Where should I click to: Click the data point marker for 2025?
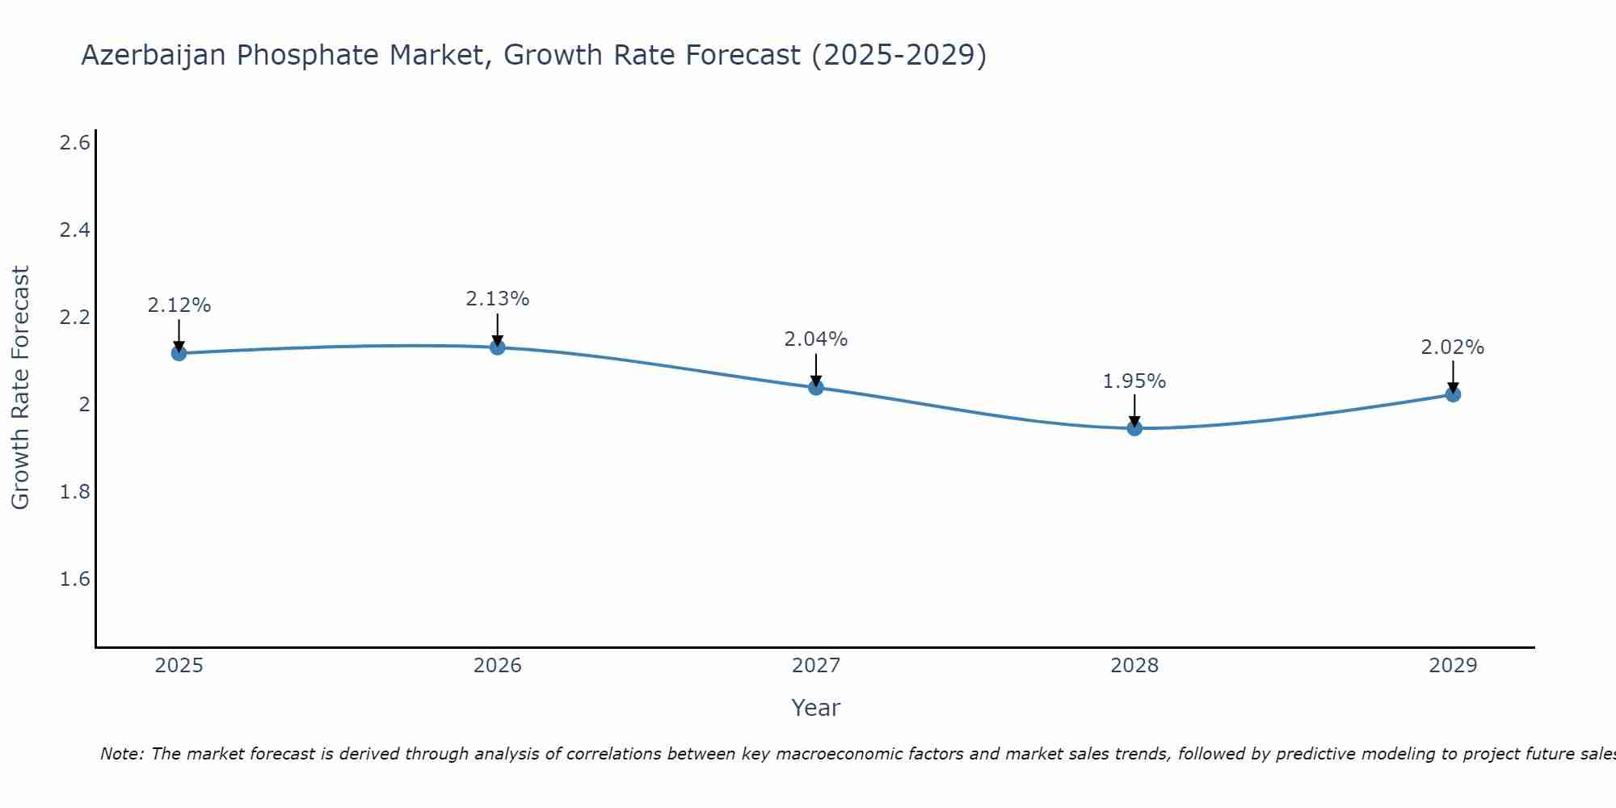point(179,353)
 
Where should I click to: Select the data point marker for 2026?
point(498,347)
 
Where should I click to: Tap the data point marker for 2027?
point(816,388)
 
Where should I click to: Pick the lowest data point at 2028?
point(1134,428)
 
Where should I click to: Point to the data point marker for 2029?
point(1453,394)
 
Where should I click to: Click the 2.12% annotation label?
point(179,305)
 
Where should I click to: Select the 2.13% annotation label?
point(498,299)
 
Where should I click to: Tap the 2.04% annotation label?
point(816,339)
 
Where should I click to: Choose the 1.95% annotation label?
point(1134,381)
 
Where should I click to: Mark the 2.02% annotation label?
point(1453,347)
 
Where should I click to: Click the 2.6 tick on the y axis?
point(74,143)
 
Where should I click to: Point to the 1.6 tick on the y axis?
point(74,579)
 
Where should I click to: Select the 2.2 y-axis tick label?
point(74,318)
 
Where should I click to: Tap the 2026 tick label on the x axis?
point(498,666)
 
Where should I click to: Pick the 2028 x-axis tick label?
point(1134,666)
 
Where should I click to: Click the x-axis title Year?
point(816,708)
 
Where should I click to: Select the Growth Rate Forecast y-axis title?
point(21,388)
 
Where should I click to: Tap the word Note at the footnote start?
point(120,754)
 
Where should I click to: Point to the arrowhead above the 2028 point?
point(1134,421)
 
